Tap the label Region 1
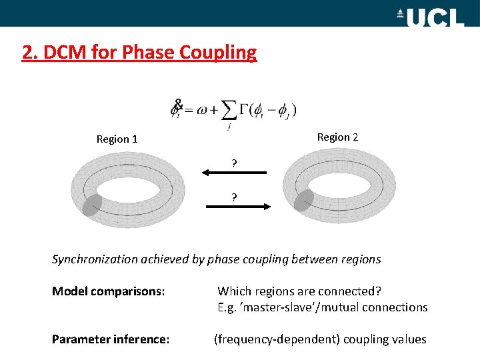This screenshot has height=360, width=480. click(x=117, y=139)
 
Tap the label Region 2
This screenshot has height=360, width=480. click(x=337, y=137)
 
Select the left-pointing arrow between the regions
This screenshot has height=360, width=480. click(x=234, y=173)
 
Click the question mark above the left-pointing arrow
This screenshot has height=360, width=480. click(x=234, y=162)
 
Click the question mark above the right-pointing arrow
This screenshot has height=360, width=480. click(x=234, y=197)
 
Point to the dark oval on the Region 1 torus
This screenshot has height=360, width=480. click(x=92, y=205)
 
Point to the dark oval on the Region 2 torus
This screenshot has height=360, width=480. click(x=304, y=201)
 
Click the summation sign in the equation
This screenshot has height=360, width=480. click(x=229, y=111)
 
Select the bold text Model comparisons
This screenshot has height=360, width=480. click(x=108, y=291)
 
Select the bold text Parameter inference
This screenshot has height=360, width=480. click(x=111, y=339)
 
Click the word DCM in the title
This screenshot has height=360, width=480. click(x=62, y=52)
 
